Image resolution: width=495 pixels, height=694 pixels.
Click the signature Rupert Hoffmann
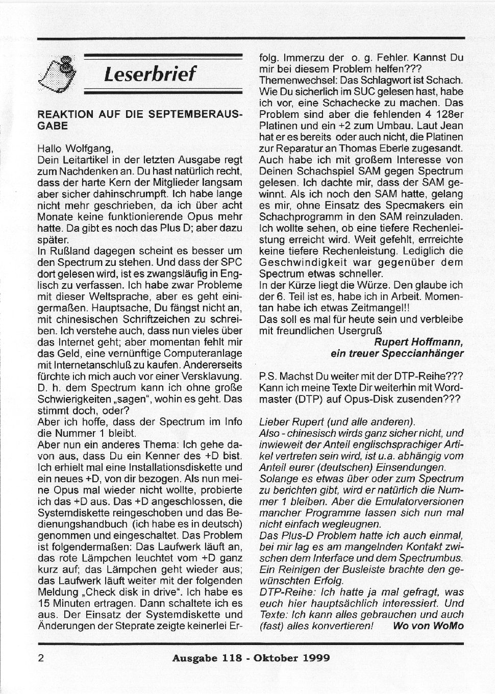(419, 341)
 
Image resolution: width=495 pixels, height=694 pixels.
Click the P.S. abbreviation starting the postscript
(269, 376)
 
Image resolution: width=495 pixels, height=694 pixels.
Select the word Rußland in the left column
(66, 251)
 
